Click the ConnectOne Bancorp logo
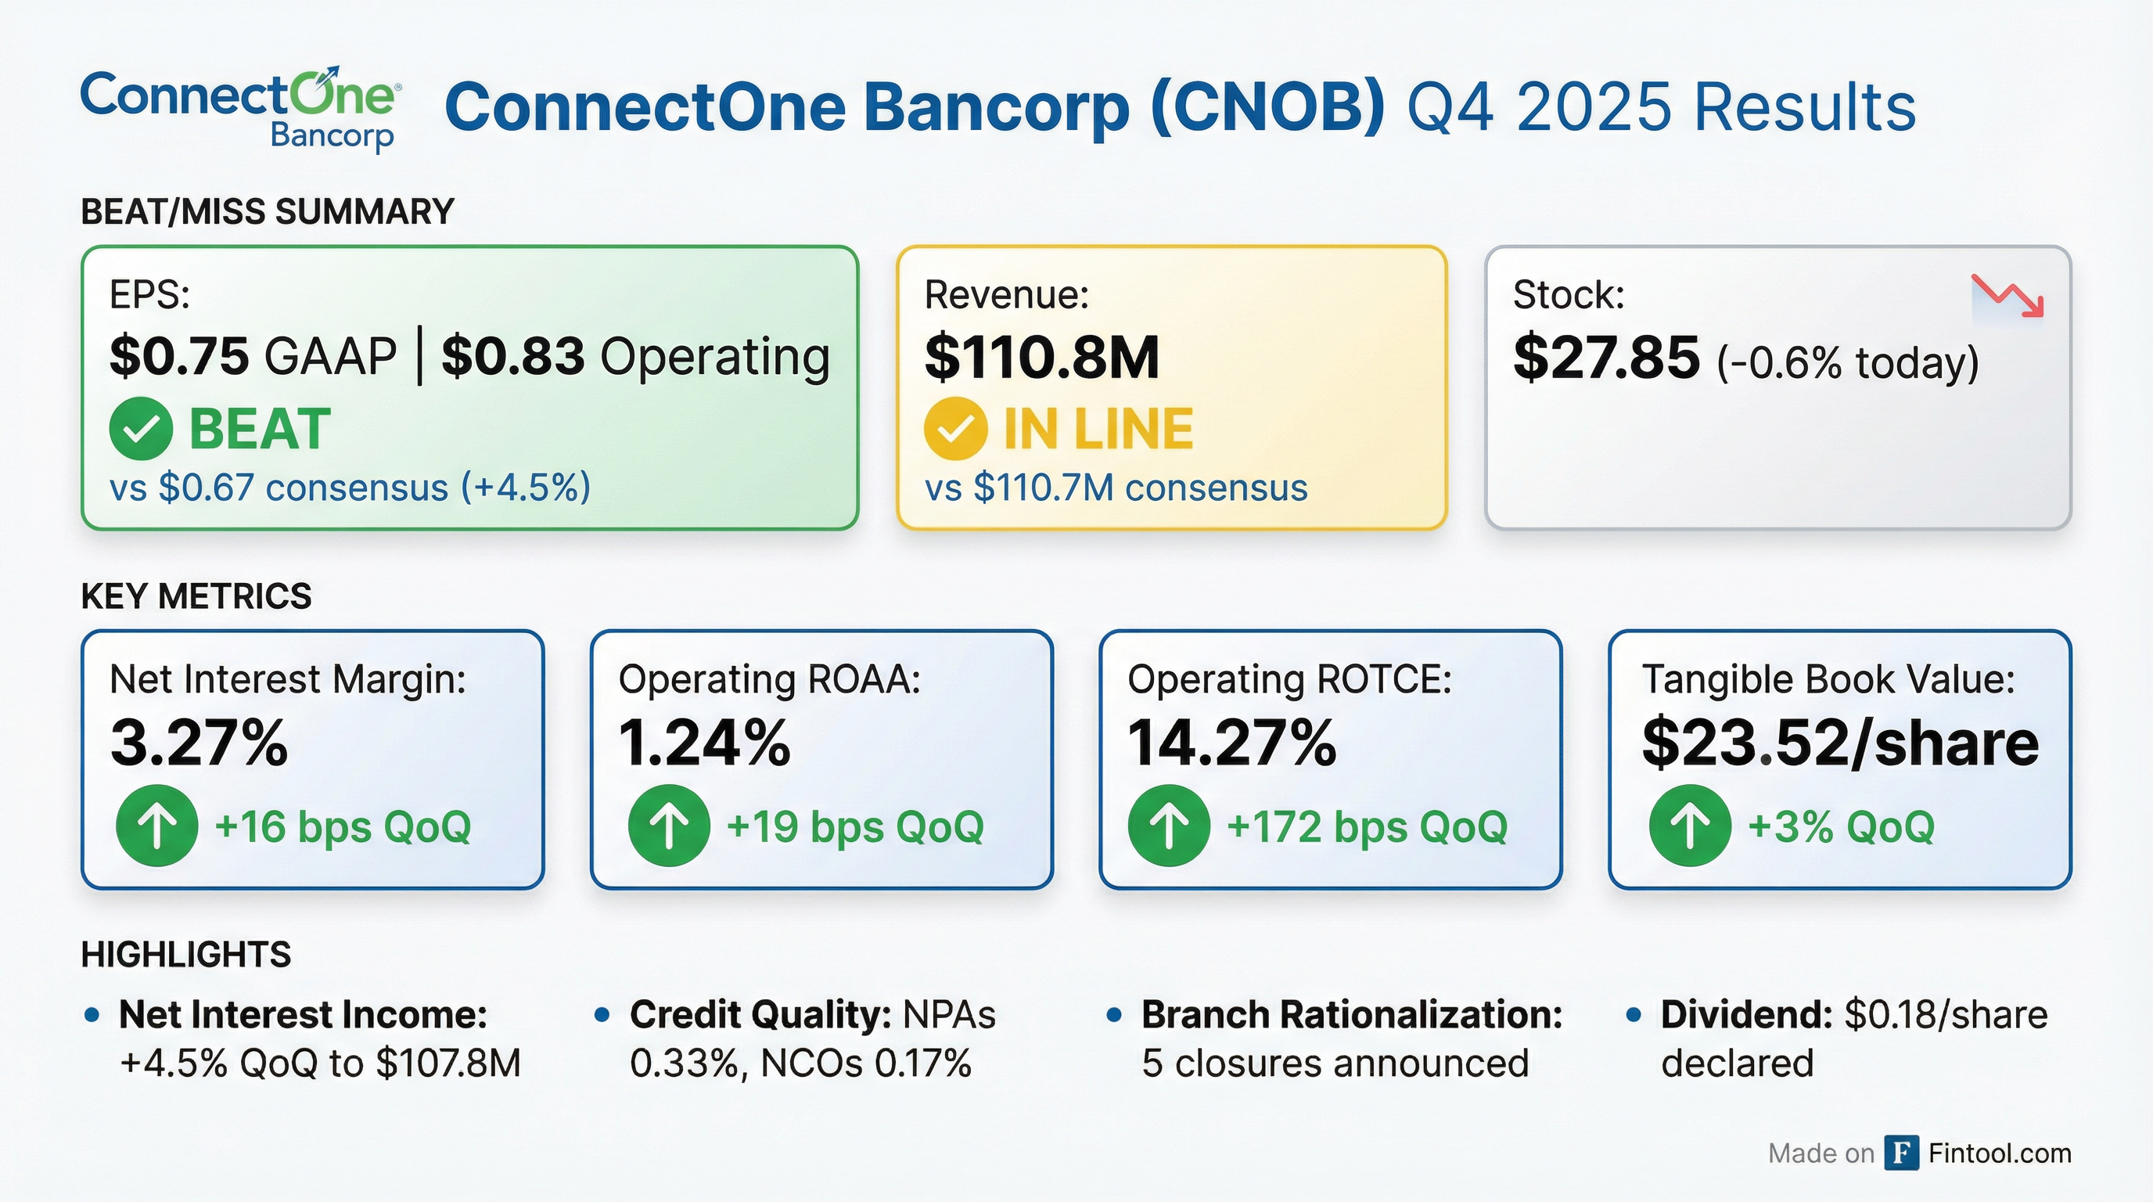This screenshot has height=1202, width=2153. (x=240, y=109)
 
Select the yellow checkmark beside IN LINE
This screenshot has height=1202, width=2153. (x=955, y=429)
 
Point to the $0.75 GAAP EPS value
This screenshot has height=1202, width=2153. (x=179, y=357)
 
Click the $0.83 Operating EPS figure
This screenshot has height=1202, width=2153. (x=512, y=357)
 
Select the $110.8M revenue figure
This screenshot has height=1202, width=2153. (x=1041, y=358)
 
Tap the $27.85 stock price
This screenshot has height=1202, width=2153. (x=1605, y=358)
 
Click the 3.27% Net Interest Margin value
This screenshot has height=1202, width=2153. (x=199, y=743)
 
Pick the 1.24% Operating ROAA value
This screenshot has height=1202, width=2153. (x=704, y=743)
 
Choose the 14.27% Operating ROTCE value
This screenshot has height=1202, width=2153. (x=1231, y=743)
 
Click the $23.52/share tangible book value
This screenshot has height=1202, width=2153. (x=1839, y=743)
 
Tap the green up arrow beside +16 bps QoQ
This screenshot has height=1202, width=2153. (x=157, y=826)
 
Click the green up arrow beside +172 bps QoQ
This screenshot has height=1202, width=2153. (x=1169, y=826)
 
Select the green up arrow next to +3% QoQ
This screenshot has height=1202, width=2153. (x=1690, y=826)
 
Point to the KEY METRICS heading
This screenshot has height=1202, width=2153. (x=196, y=597)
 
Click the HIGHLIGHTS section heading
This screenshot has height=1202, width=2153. (x=186, y=955)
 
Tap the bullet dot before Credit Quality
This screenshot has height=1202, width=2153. (x=602, y=1016)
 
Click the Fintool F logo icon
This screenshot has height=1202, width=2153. (x=1901, y=1153)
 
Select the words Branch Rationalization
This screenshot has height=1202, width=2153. (x=1351, y=1015)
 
